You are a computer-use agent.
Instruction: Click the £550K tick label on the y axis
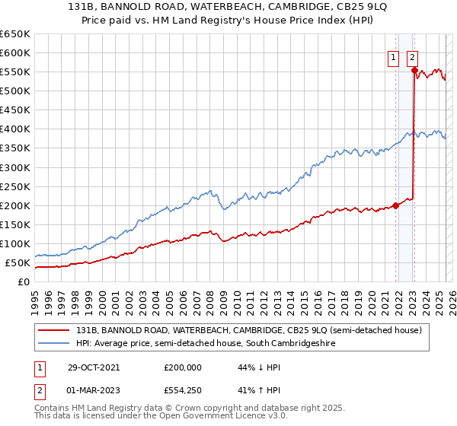pyautogui.click(x=14, y=72)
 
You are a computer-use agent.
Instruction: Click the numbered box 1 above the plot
pyautogui.click(x=394, y=56)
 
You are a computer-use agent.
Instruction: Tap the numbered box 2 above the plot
pyautogui.click(x=412, y=56)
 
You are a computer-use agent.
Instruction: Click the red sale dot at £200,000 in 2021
pyautogui.click(x=396, y=205)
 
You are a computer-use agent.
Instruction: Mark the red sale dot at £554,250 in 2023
pyautogui.click(x=414, y=71)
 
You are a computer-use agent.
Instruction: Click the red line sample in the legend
pyautogui.click(x=54, y=330)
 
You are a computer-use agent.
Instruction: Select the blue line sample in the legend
pyautogui.click(x=54, y=344)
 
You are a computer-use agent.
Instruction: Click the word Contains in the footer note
pyautogui.click(x=52, y=408)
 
